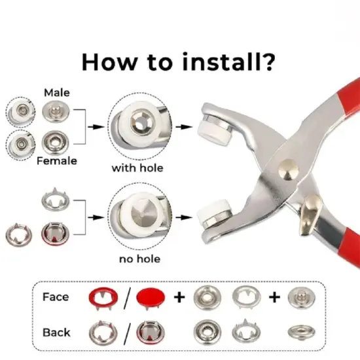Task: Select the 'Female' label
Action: coord(56,160)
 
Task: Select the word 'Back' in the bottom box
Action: coord(57,332)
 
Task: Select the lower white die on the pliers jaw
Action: coord(209,213)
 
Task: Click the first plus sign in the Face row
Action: coord(179,298)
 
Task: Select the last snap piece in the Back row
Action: coord(299,332)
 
